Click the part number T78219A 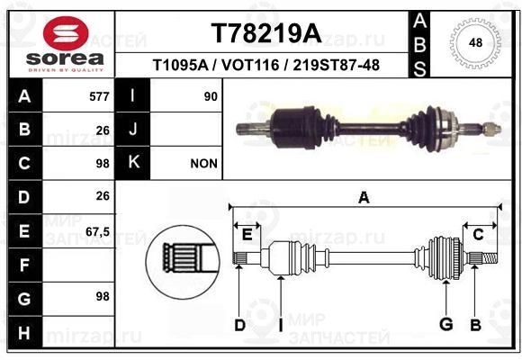click(266, 33)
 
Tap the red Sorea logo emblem click(66, 33)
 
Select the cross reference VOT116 click(250, 65)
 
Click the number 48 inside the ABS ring click(475, 43)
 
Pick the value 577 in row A click(99, 96)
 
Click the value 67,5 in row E click(97, 232)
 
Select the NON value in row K click(203, 164)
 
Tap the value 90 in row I click(211, 96)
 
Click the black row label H click(25, 332)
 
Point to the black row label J click(132, 130)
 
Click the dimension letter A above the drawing click(364, 197)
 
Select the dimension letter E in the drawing click(247, 235)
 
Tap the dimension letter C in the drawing click(478, 235)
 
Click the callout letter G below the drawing click(445, 324)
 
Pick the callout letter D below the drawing click(239, 326)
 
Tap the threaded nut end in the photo click(491, 128)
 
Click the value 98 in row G click(103, 296)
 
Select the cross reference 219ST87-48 click(337, 65)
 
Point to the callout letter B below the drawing click(476, 325)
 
